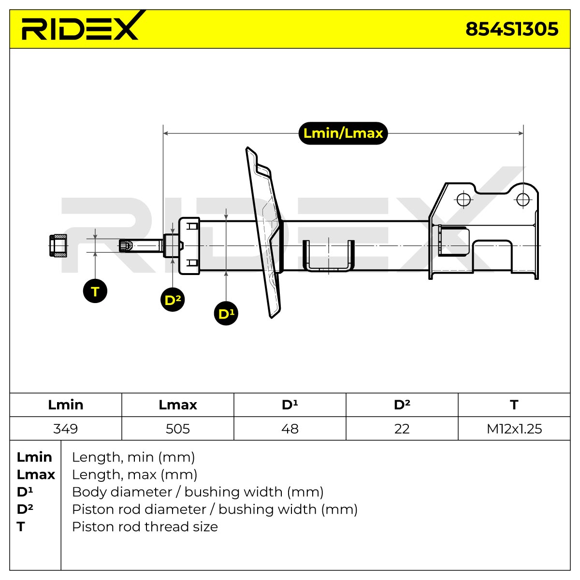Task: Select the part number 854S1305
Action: click(512, 29)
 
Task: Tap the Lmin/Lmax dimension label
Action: click(343, 133)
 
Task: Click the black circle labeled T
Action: click(95, 291)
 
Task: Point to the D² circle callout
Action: click(173, 300)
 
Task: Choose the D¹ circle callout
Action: click(226, 313)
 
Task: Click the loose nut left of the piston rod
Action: click(58, 246)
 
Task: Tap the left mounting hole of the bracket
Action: click(463, 199)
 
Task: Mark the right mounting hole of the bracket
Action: click(523, 199)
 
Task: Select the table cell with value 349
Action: click(66, 429)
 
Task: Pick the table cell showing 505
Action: click(177, 429)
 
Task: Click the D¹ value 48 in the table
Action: click(290, 429)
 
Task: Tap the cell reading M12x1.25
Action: click(514, 429)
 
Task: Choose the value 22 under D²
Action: click(402, 429)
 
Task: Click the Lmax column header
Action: click(177, 405)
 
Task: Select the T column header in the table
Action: click(514, 405)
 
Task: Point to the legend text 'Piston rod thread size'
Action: click(145, 526)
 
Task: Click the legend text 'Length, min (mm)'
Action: click(133, 457)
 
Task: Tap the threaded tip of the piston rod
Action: click(126, 246)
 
